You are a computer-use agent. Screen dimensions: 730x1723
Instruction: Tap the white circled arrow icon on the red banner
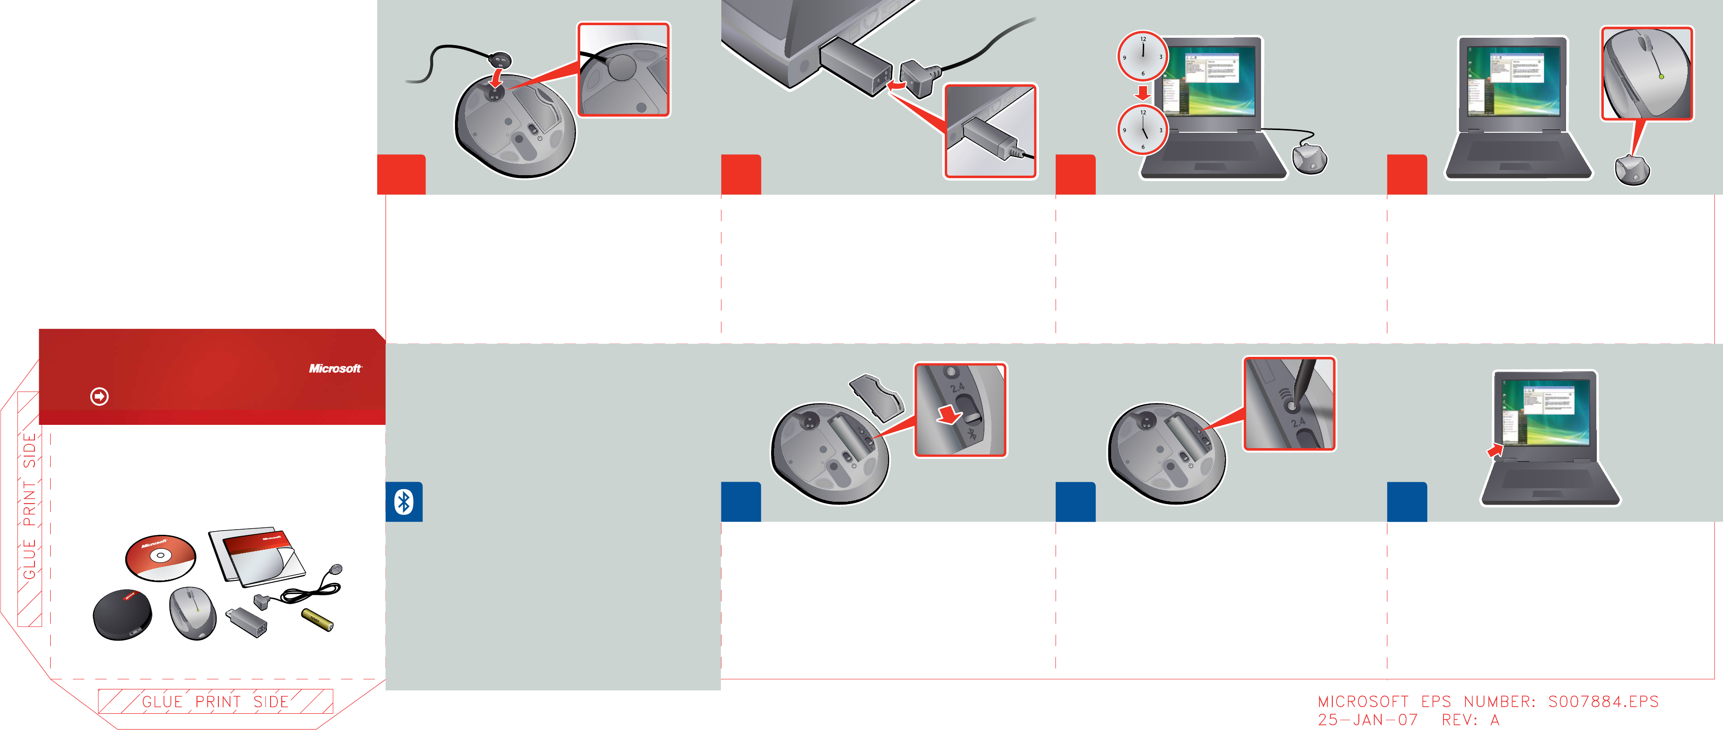(x=100, y=397)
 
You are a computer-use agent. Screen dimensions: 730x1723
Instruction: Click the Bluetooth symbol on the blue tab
(x=404, y=502)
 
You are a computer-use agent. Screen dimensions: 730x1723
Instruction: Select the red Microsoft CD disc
(x=161, y=557)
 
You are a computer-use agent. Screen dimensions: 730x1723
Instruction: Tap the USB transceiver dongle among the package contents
(x=247, y=621)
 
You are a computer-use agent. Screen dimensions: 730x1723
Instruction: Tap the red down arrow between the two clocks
(x=1142, y=92)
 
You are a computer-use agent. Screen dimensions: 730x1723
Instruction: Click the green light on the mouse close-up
(x=1662, y=77)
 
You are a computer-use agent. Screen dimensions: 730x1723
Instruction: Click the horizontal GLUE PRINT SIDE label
(x=215, y=701)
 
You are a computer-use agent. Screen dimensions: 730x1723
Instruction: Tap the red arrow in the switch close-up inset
(x=948, y=415)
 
